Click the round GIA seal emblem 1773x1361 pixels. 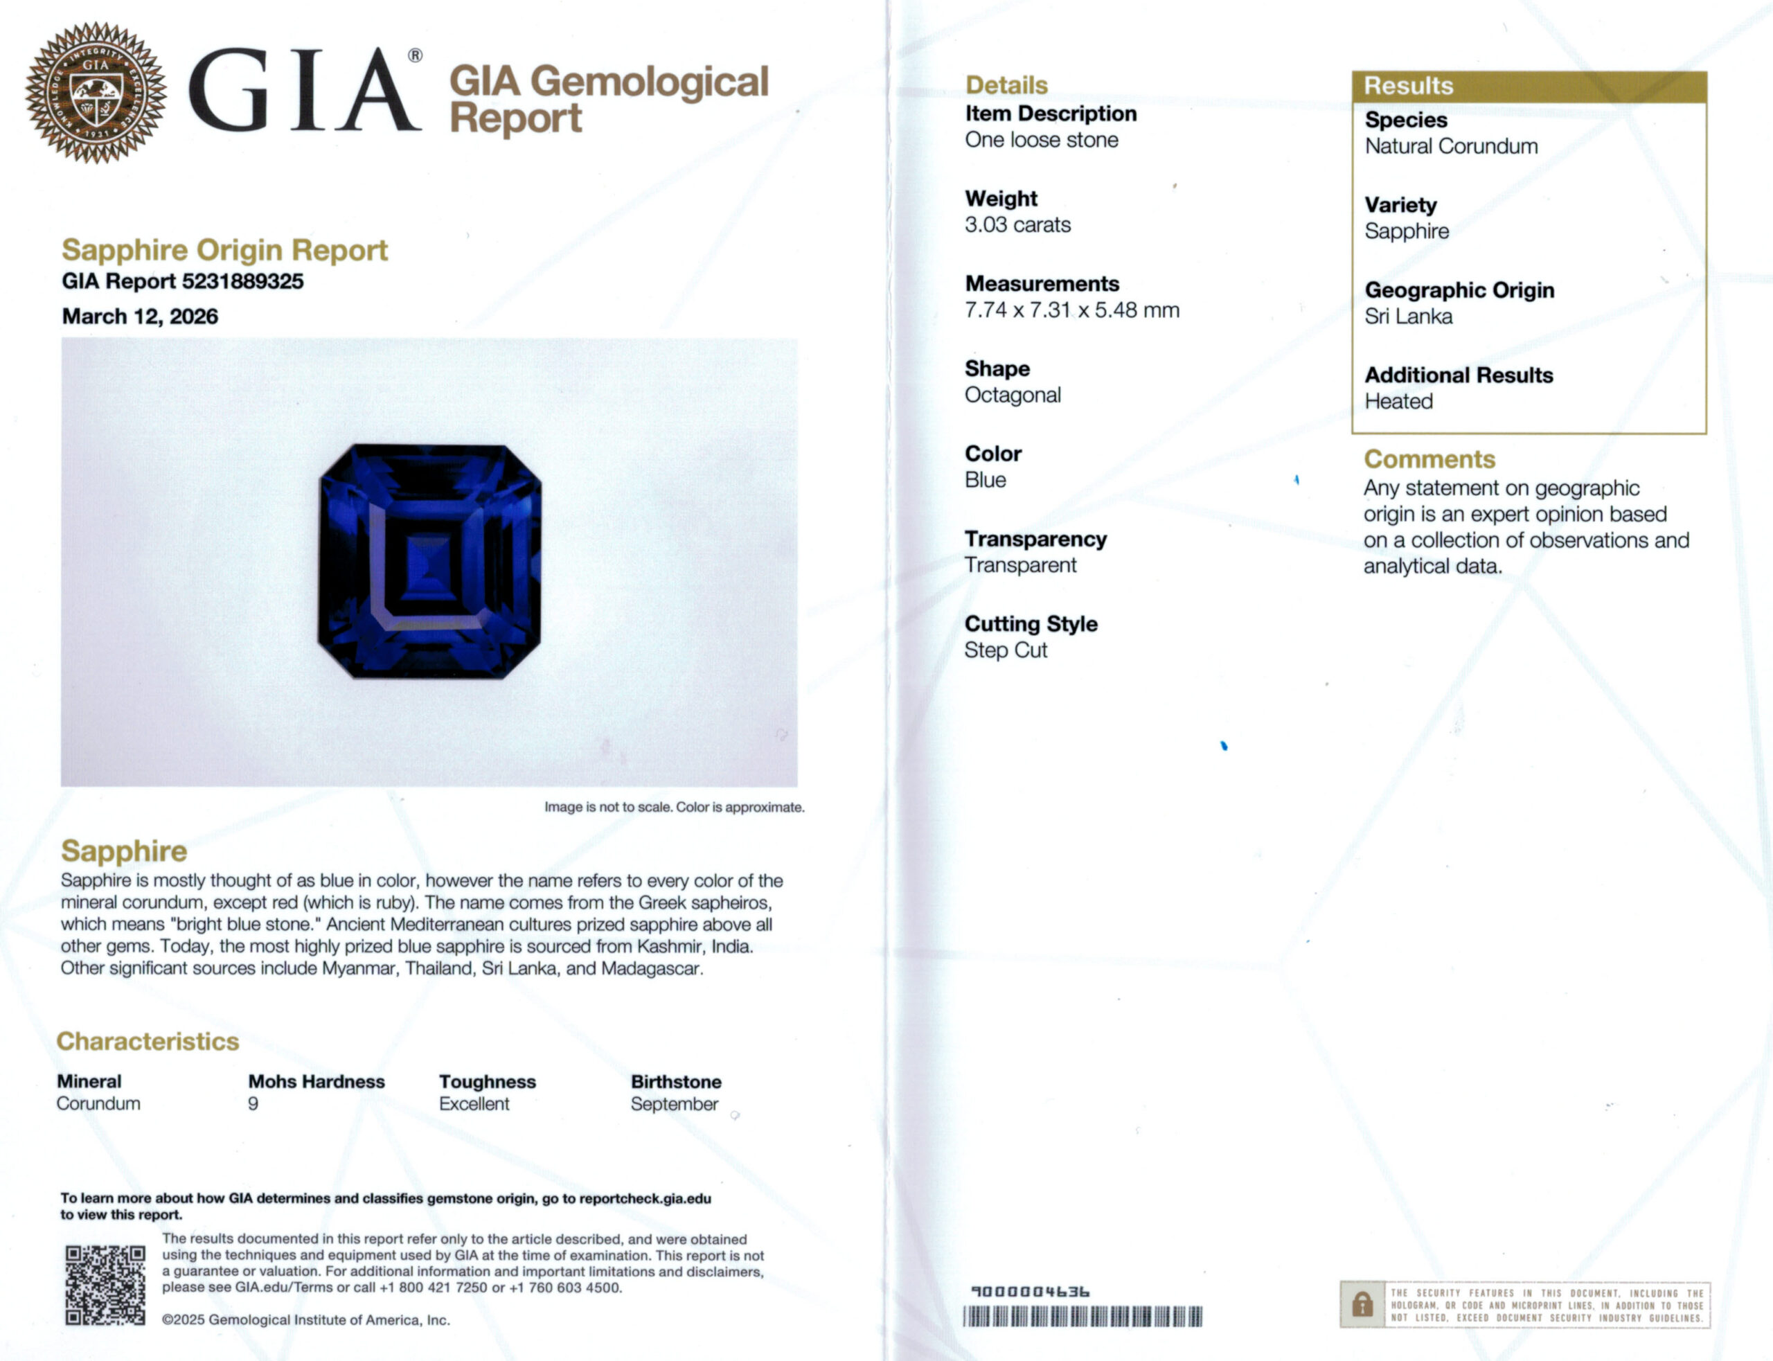click(x=96, y=92)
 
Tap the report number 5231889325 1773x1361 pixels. click(x=242, y=281)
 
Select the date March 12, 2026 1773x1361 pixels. click(x=140, y=316)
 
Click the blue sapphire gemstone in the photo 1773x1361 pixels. click(x=430, y=560)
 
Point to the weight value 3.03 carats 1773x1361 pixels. click(x=1017, y=224)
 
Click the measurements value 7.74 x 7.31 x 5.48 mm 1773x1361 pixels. click(x=1071, y=310)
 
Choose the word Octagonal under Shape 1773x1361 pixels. click(x=1013, y=395)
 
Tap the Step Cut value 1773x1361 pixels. click(x=1005, y=650)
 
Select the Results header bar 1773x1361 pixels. click(x=1529, y=86)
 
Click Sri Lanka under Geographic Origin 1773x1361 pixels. click(x=1408, y=316)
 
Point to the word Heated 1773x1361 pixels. click(x=1398, y=401)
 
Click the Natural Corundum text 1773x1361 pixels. click(x=1451, y=146)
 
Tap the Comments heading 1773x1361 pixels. click(x=1429, y=459)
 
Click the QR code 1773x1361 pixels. click(x=105, y=1285)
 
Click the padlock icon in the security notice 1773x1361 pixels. click(x=1362, y=1304)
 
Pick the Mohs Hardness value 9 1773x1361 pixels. click(x=253, y=1103)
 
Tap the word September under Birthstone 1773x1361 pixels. click(x=674, y=1103)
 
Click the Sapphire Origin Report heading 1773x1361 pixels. click(x=224, y=249)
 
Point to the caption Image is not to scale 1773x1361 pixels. click(x=674, y=807)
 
